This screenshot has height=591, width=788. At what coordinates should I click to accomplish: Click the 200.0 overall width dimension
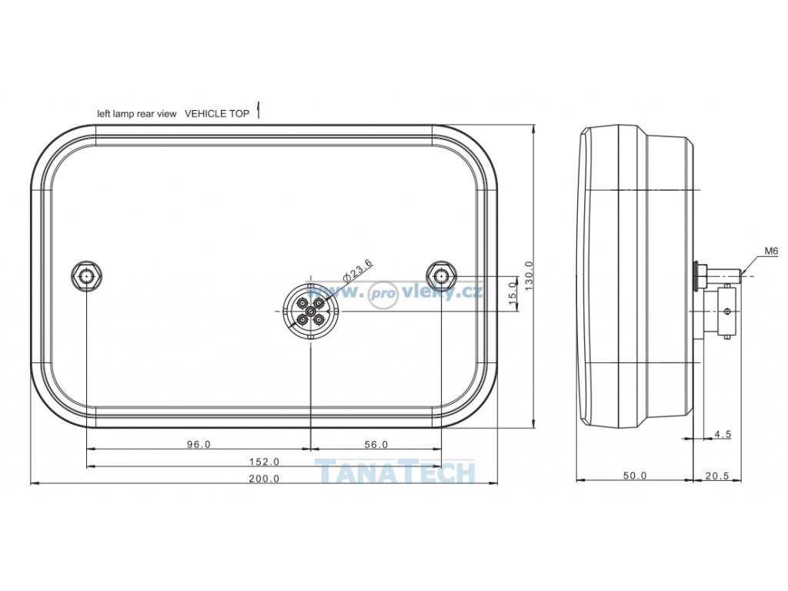click(264, 479)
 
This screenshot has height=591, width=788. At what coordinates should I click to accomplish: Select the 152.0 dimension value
click(264, 462)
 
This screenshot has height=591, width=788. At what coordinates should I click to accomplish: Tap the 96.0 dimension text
click(199, 444)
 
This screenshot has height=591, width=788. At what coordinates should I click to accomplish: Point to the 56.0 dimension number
click(376, 444)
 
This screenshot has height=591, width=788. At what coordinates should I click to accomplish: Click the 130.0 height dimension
click(528, 275)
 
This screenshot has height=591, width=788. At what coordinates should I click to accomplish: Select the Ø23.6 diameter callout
click(357, 270)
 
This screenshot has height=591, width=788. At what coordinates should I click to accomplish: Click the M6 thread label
click(771, 250)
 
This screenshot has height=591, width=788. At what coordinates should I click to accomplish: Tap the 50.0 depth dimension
click(635, 476)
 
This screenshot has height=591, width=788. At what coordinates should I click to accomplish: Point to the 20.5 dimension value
click(716, 476)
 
